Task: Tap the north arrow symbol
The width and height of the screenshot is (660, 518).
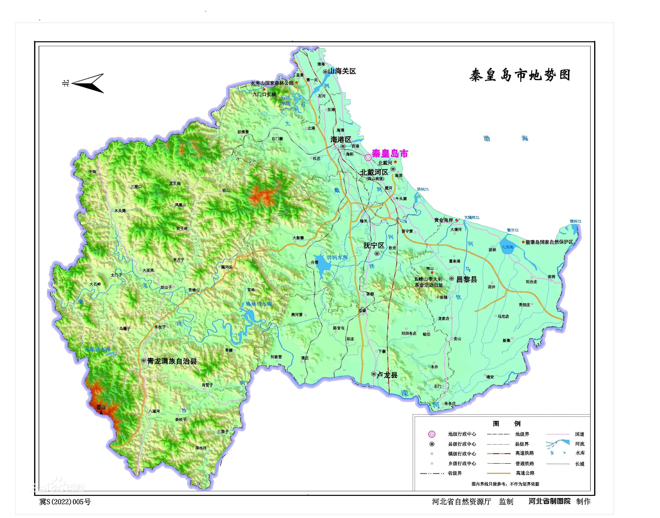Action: (88, 83)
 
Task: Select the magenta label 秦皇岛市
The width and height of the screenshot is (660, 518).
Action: (390, 154)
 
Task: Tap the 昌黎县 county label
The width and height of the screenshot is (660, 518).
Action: (467, 279)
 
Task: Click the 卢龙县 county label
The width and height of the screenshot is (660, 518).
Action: (387, 375)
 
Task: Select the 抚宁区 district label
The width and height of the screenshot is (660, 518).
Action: (374, 245)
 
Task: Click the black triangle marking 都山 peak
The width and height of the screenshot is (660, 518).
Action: (101, 413)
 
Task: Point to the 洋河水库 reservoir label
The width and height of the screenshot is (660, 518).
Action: (337, 257)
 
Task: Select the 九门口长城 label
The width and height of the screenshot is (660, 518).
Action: (264, 94)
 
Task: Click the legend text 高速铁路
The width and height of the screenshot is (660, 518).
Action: (525, 453)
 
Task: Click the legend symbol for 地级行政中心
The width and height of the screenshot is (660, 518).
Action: (431, 434)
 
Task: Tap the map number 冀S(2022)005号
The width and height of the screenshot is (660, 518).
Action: (65, 502)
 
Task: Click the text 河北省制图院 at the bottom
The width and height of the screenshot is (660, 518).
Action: (549, 501)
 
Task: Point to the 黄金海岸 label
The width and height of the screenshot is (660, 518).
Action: (443, 220)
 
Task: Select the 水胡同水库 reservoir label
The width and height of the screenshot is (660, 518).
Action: (97, 349)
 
